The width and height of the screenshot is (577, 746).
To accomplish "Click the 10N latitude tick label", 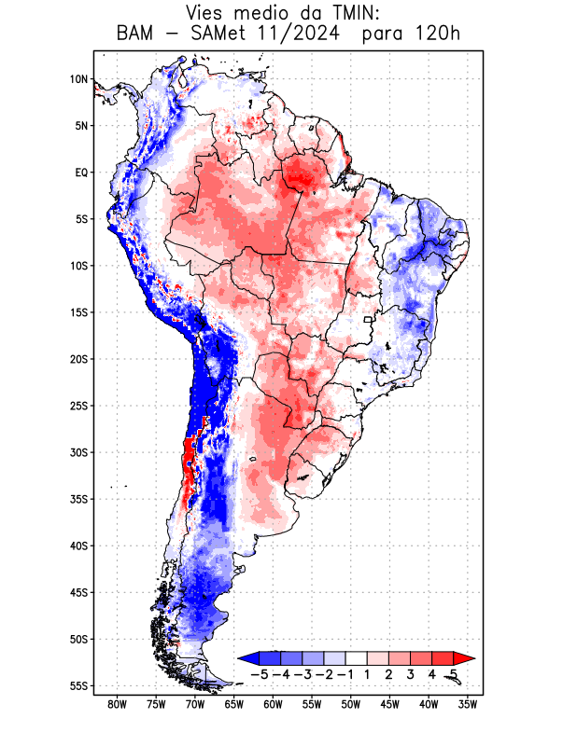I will (79, 79).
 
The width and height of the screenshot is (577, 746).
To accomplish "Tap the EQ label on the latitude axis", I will (81, 173).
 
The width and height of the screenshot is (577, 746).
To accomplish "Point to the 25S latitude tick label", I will (79, 406).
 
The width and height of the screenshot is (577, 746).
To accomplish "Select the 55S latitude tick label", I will (79, 685).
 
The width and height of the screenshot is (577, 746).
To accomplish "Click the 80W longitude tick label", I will (117, 704).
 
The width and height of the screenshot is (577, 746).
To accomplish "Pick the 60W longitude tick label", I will (273, 704).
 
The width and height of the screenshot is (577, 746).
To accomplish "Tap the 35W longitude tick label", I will (469, 704).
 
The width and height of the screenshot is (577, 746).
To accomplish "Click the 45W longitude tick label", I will (390, 704).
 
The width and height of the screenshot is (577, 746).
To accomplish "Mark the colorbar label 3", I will (409, 673).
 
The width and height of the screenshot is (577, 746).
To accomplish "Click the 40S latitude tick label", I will (79, 546).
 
